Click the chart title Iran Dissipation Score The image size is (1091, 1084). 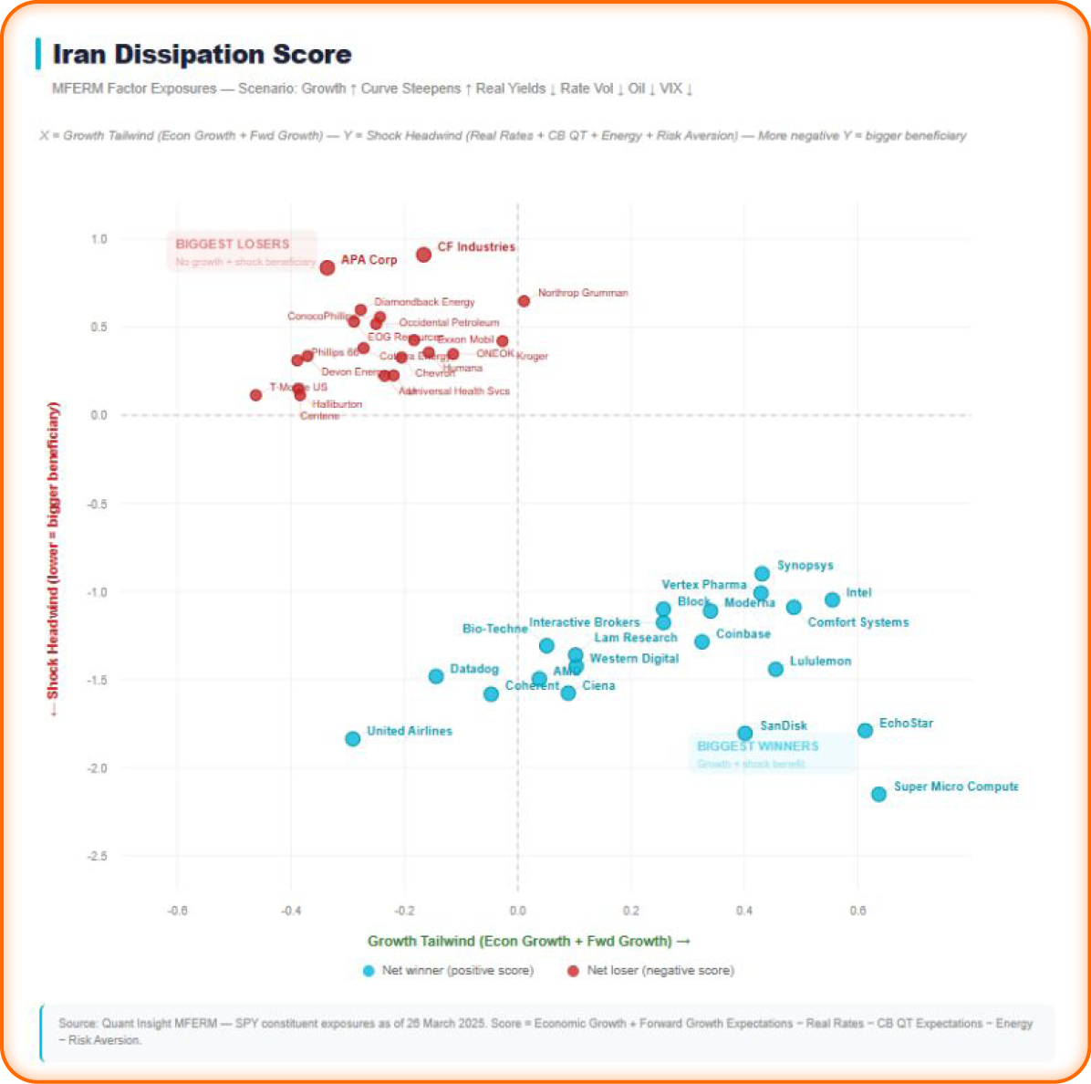click(x=202, y=55)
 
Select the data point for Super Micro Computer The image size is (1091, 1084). click(x=878, y=794)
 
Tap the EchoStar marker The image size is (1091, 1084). click(x=865, y=730)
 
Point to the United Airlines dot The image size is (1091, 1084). click(x=353, y=738)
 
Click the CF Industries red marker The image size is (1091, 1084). click(x=423, y=255)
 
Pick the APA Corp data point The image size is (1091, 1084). click(x=327, y=267)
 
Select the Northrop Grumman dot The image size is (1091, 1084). click(x=524, y=301)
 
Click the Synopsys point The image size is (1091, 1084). click(x=762, y=574)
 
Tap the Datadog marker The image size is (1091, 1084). click(x=436, y=676)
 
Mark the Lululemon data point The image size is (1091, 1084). click(x=775, y=669)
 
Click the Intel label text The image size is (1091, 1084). click(x=858, y=592)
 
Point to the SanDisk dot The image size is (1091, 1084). click(x=744, y=733)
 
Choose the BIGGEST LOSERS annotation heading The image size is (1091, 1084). click(x=233, y=244)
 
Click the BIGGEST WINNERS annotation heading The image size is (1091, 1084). click(x=757, y=745)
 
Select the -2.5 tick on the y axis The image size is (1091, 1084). click(x=96, y=856)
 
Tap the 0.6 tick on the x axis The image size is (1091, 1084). click(x=857, y=911)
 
